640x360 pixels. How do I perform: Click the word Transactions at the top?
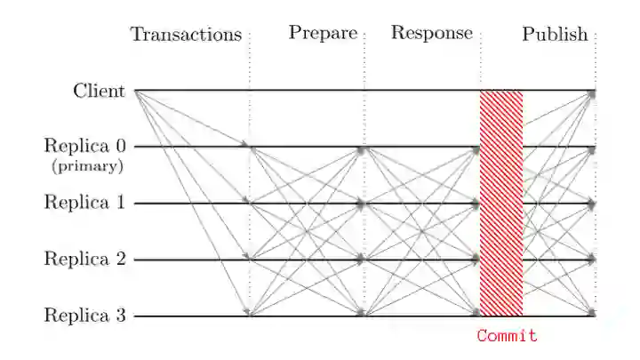(186, 35)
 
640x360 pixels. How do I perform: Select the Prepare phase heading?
(322, 34)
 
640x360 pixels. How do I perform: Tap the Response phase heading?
(432, 34)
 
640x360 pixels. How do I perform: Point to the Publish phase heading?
(555, 35)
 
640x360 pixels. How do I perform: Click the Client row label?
(99, 91)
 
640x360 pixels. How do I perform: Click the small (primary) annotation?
(86, 166)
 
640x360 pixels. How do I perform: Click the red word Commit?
(507, 336)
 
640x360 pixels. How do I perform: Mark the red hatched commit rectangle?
(501, 203)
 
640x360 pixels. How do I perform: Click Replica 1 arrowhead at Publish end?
(591, 204)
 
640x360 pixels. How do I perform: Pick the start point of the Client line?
(134, 91)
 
